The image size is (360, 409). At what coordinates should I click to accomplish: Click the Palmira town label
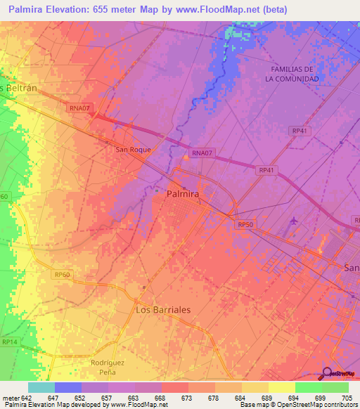tap(182, 193)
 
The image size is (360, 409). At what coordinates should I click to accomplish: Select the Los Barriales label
tap(162, 309)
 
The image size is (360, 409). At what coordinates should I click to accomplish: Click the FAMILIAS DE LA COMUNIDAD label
tap(291, 74)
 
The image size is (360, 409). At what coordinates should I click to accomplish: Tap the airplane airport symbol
tap(293, 223)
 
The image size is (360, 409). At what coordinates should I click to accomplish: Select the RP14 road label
tap(9, 342)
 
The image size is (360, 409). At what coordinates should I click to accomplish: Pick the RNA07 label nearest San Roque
tap(202, 152)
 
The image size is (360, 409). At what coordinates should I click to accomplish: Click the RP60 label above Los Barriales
tap(63, 275)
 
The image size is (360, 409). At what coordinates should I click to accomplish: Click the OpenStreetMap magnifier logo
tap(326, 374)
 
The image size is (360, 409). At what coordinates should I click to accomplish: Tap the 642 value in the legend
tap(27, 397)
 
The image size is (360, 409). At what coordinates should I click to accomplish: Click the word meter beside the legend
tap(11, 397)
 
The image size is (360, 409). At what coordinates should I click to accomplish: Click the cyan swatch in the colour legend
tap(41, 387)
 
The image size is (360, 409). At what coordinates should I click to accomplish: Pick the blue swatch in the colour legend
tap(67, 387)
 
